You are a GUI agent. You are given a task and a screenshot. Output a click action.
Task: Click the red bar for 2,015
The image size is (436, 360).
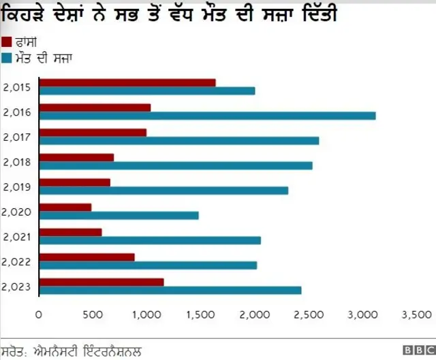[127, 82]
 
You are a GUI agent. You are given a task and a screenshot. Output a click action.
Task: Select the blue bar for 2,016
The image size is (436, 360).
[208, 116]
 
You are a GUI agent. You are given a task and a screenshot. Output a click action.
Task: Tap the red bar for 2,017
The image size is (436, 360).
[93, 132]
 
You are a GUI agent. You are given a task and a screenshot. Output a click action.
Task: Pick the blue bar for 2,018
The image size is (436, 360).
[176, 165]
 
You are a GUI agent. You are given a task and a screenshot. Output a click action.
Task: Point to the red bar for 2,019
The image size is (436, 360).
[75, 182]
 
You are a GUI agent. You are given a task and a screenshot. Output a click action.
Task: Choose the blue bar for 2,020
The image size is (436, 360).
[119, 215]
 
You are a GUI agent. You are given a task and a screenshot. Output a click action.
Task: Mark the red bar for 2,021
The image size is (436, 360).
[71, 232]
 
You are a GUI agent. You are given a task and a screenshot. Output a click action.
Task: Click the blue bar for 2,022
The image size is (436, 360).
[149, 265]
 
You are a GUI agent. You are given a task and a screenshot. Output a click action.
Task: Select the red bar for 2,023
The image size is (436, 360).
[102, 282]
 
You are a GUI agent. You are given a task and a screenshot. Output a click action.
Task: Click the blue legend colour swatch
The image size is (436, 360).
[7, 58]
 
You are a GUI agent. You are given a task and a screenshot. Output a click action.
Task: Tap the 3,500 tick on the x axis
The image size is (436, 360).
[417, 314]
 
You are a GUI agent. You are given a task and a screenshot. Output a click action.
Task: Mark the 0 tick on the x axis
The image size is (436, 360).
[39, 314]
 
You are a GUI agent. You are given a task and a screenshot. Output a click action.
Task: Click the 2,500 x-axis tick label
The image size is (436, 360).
[309, 314]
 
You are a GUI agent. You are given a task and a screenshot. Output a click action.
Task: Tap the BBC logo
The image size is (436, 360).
[417, 350]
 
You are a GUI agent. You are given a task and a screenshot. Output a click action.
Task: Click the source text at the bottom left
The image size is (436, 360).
[72, 351]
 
